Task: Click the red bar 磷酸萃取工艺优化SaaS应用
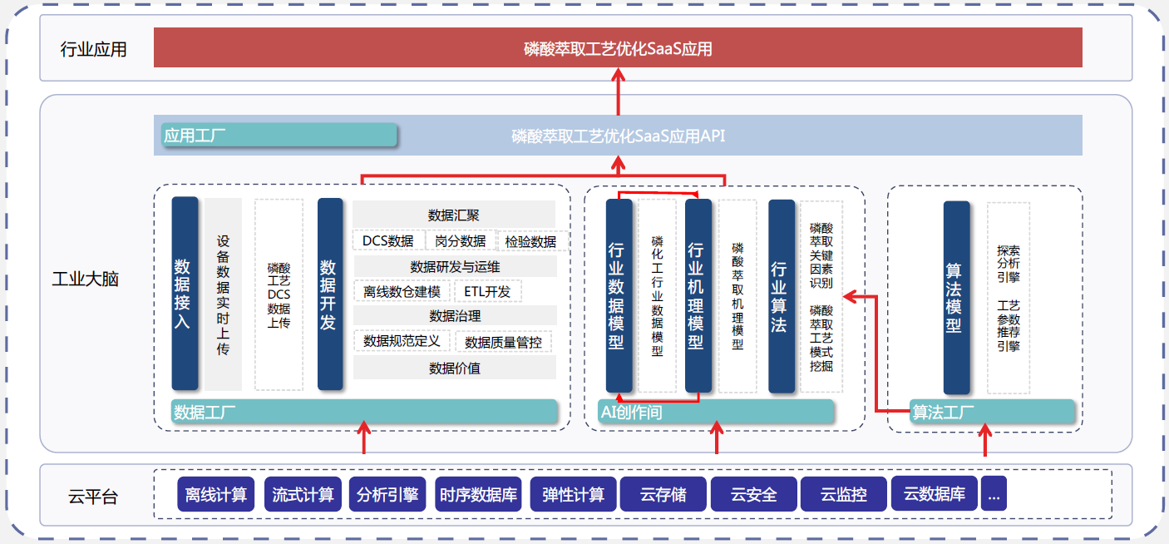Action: point(618,47)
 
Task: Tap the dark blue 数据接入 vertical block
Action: point(185,294)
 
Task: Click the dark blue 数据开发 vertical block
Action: point(330,294)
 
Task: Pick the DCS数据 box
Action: point(388,241)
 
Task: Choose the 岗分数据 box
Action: point(461,241)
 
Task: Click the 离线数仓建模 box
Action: point(402,292)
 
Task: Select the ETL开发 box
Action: point(488,292)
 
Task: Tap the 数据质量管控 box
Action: point(503,342)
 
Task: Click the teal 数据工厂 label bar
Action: point(364,412)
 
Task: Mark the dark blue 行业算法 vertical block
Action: point(782,296)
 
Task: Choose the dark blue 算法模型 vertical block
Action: point(956,298)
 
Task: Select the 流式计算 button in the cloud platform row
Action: point(303,495)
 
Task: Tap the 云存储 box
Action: point(663,495)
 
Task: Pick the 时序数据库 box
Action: point(479,495)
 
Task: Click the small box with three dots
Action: point(994,495)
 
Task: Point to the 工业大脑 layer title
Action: point(86,279)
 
